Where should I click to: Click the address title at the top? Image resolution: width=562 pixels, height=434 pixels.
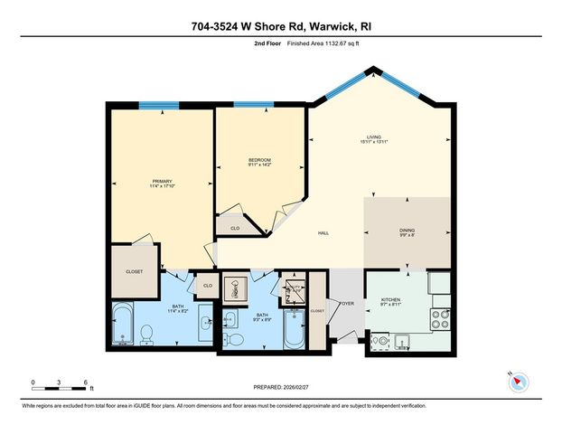click(281, 26)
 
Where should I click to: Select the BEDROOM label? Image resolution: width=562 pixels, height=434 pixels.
click(260, 163)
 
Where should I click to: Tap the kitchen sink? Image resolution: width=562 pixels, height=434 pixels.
click(381, 341)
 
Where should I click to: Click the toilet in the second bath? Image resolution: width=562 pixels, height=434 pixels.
click(234, 339)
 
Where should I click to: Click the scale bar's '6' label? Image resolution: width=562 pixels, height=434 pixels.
click(85, 382)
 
